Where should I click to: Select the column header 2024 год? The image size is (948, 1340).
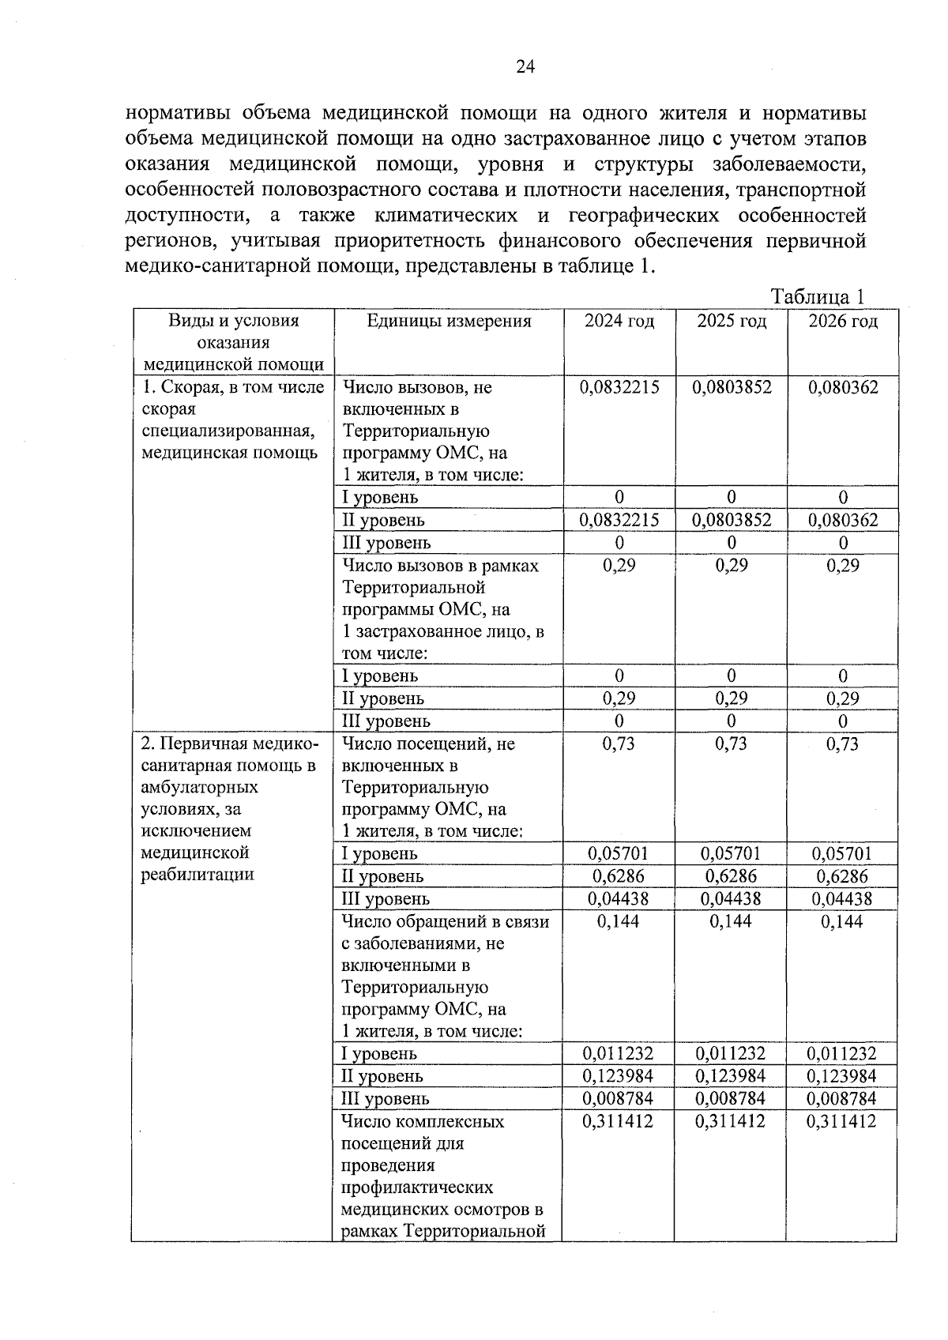[619, 321]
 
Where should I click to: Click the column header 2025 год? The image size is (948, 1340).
[732, 321]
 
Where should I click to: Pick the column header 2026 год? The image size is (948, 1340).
[843, 321]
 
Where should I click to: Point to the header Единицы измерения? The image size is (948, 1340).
[449, 321]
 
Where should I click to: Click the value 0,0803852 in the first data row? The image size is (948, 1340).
[732, 387]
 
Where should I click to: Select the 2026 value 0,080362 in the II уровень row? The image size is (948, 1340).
[843, 520]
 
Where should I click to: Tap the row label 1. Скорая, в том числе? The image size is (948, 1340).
[232, 387]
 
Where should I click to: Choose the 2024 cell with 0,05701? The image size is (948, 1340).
[619, 853]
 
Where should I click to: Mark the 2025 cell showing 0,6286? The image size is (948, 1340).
[732, 876]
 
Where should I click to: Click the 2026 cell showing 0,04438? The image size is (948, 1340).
[843, 898]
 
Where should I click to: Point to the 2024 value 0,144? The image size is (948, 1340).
[619, 921]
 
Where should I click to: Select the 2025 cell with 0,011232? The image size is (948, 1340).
[732, 1053]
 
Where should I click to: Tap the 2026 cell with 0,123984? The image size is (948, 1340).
[843, 1076]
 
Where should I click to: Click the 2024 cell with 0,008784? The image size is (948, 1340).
[619, 1098]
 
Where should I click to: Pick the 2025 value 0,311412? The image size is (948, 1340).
[732, 1121]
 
